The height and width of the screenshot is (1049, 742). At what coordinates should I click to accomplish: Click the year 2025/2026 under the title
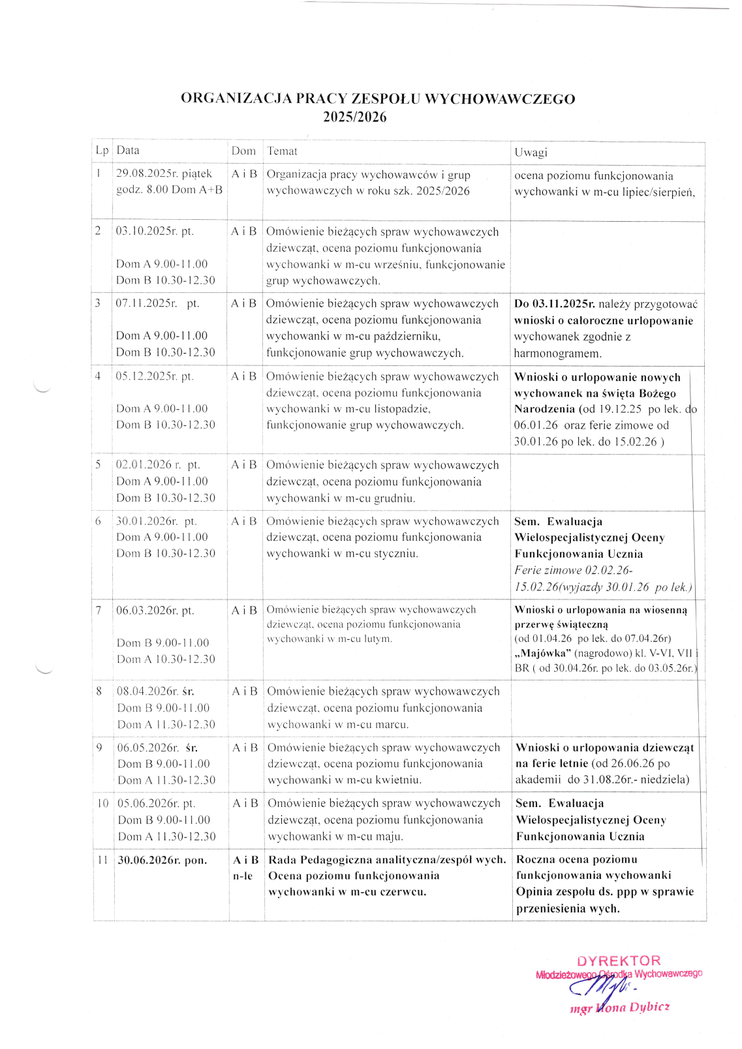(x=354, y=117)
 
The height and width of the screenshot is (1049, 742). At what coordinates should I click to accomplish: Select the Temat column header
(x=282, y=151)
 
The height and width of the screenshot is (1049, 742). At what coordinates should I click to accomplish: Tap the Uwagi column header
(x=531, y=153)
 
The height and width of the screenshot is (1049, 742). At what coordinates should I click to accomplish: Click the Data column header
(x=128, y=151)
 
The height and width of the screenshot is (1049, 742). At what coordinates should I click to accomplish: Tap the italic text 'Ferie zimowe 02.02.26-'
(x=573, y=570)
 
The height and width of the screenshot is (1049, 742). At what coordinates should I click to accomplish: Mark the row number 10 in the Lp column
(x=102, y=804)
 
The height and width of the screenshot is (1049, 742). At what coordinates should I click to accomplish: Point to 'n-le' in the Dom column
(x=243, y=876)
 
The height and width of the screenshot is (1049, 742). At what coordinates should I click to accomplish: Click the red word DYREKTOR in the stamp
(x=619, y=961)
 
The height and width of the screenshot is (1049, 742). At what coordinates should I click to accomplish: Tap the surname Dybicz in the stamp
(x=649, y=1007)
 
